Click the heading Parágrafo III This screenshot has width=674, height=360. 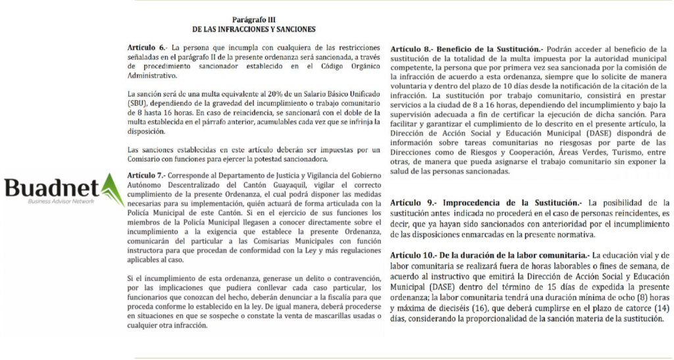tap(253, 20)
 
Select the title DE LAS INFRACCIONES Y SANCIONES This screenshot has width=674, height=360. tap(253, 30)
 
